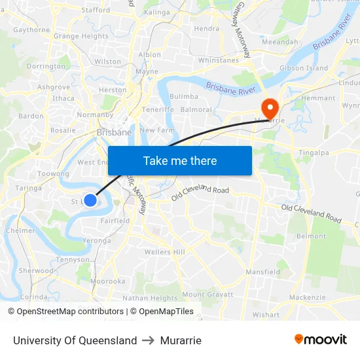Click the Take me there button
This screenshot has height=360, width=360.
[x=180, y=160]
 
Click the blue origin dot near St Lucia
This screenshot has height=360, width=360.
[x=90, y=201]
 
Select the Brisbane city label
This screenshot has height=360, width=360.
[x=115, y=132]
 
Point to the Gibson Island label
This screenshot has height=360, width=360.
[x=304, y=68]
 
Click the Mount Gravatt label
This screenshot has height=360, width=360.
[x=207, y=295]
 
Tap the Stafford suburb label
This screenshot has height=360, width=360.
[x=96, y=10]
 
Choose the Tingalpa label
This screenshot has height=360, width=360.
[x=314, y=152]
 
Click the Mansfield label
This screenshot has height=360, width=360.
[x=262, y=272]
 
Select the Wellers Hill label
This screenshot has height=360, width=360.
[x=165, y=252]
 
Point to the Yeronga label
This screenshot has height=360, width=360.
[x=97, y=240]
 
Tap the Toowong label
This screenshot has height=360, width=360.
[x=53, y=174]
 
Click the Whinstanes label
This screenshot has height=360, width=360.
[x=219, y=60]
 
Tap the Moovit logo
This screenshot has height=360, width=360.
[x=321, y=340]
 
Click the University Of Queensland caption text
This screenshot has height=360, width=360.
[x=75, y=340]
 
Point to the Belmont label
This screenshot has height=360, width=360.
[x=311, y=236]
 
